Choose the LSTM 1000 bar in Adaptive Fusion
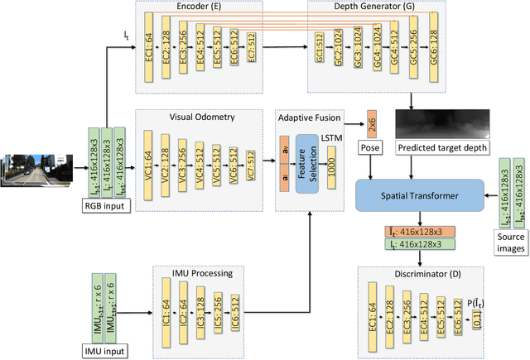click(x=332, y=161)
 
